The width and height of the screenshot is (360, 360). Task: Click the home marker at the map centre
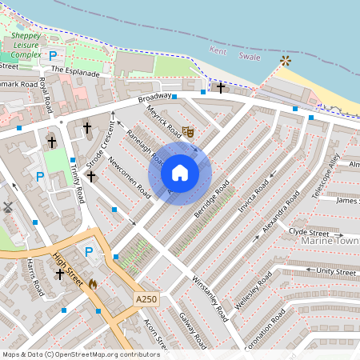pos(180,173)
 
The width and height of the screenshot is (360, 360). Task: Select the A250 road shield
pos(145,298)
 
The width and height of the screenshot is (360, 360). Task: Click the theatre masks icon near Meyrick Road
pos(189,130)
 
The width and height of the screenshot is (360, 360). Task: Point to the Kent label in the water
pos(218,51)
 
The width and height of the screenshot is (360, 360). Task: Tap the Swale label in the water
pos(250,56)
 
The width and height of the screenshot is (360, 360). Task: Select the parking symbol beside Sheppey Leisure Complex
pos(53,57)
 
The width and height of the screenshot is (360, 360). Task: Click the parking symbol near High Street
pos(90,252)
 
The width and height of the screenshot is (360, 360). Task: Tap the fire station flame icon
pos(93,283)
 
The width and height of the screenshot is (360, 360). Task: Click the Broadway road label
pos(154,99)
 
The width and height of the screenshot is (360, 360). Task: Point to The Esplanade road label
pos(75,71)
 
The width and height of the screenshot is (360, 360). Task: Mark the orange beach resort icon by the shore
pos(286,61)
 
